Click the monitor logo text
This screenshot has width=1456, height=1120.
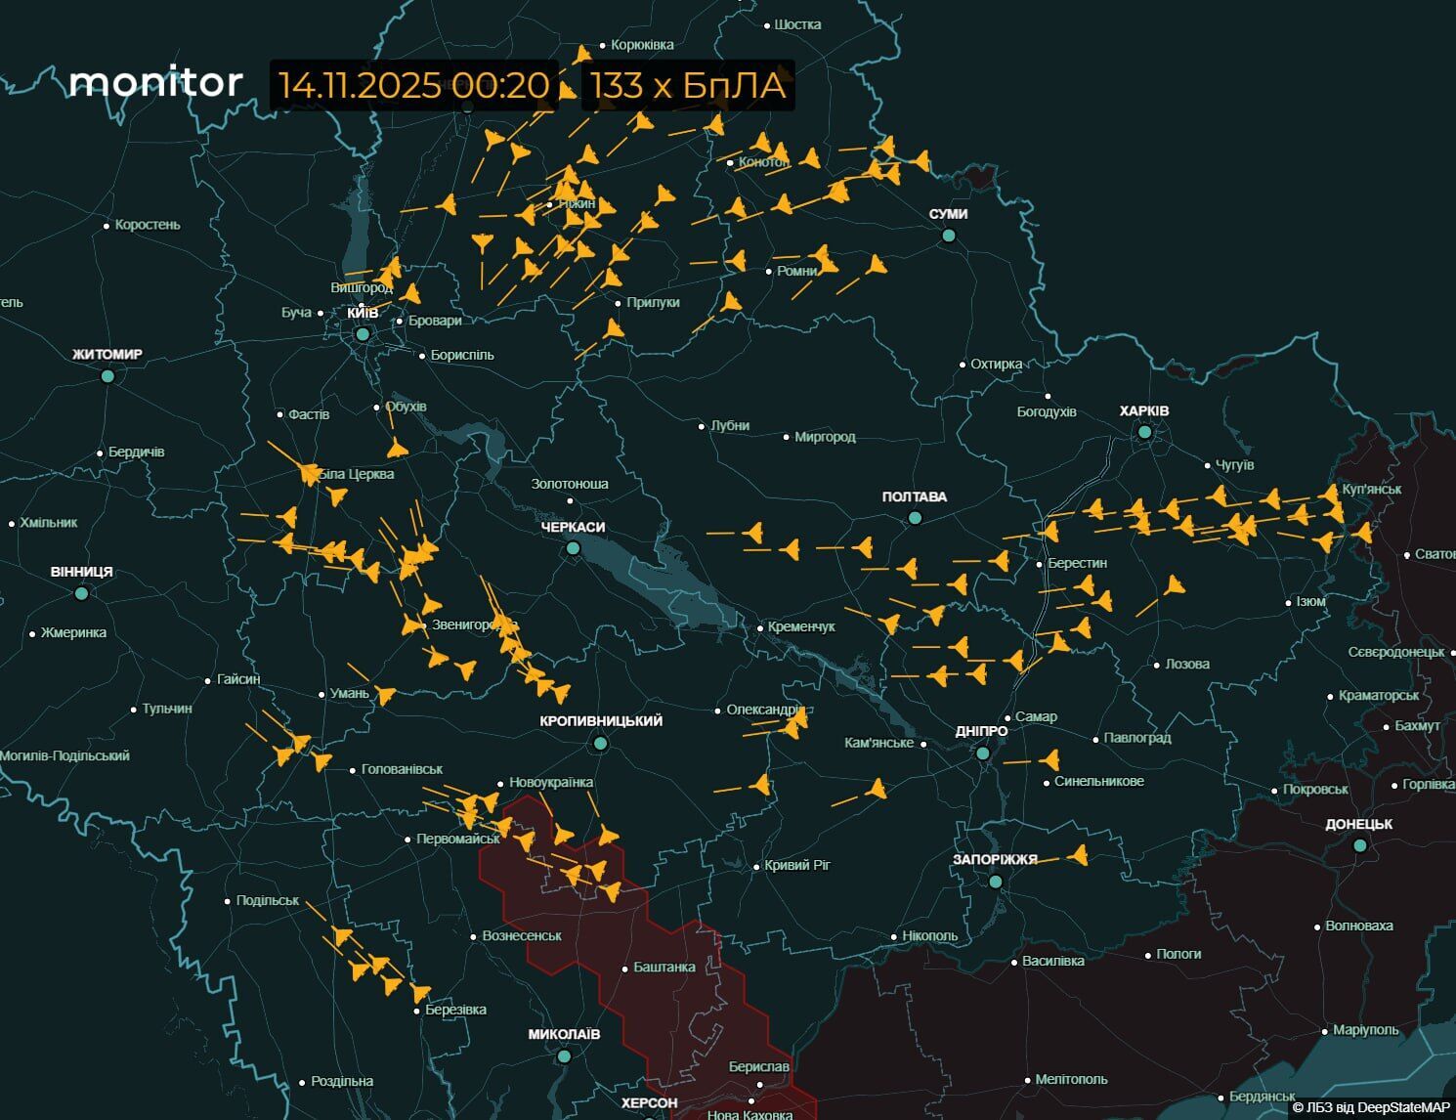pyautogui.click(x=155, y=82)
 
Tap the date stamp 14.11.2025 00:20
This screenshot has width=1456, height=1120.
pyautogui.click(x=413, y=85)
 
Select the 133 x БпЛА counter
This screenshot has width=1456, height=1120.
pyautogui.click(x=688, y=85)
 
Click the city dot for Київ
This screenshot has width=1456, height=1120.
pyautogui.click(x=363, y=334)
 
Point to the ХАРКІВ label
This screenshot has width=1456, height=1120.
pyautogui.click(x=1144, y=410)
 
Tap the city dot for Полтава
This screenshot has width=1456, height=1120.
pyautogui.click(x=915, y=518)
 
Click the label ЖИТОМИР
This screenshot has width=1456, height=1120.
pyautogui.click(x=107, y=354)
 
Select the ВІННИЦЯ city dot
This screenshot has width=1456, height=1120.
pyautogui.click(x=82, y=593)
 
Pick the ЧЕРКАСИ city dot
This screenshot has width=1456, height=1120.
pyautogui.click(x=574, y=548)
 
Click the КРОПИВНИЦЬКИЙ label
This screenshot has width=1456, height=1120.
pyautogui.click(x=601, y=721)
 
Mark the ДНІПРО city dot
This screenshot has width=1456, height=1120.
pyautogui.click(x=983, y=754)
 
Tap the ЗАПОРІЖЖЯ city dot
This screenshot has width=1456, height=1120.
pyautogui.click(x=996, y=882)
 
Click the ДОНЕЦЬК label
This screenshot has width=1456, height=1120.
pyautogui.click(x=1359, y=824)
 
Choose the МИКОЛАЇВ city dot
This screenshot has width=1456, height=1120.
pyautogui.click(x=564, y=1056)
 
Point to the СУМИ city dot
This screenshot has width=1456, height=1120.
pyautogui.click(x=949, y=236)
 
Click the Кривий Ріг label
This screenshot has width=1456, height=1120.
pyautogui.click(x=797, y=865)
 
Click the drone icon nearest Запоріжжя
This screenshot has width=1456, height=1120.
pyautogui.click(x=1078, y=856)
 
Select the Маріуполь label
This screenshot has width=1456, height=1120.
pyautogui.click(x=1366, y=1030)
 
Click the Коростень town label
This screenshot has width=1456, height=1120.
pyautogui.click(x=148, y=225)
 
